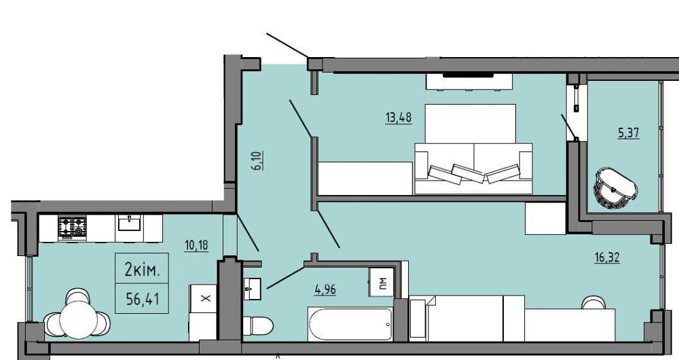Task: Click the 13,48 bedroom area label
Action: (x=399, y=118)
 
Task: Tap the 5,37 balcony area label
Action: (x=629, y=133)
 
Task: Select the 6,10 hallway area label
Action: (x=258, y=160)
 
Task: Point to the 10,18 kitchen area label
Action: (x=197, y=245)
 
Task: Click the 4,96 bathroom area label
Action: (x=325, y=289)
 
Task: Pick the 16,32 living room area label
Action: (x=606, y=257)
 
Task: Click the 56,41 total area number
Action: (x=142, y=298)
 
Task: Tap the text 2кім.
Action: (x=142, y=271)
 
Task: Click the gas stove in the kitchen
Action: (x=73, y=228)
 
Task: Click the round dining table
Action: (x=78, y=320)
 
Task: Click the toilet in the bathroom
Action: (x=257, y=325)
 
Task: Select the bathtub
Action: (x=350, y=324)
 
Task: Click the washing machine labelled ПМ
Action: (x=381, y=283)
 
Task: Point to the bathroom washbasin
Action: (x=252, y=289)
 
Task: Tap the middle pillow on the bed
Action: (x=468, y=173)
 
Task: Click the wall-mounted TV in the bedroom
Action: (x=468, y=75)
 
